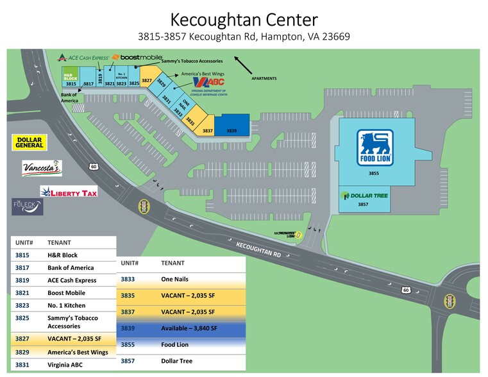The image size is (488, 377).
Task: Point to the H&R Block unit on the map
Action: tap(71, 78)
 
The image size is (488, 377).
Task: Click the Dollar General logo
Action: tap(29, 143)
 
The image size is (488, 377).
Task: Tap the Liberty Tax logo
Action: tap(69, 192)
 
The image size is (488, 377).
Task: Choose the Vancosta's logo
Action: tap(42, 168)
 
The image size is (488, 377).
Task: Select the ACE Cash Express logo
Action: tap(83, 58)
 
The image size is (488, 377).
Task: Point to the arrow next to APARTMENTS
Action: tap(242, 65)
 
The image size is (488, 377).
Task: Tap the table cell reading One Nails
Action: tap(175, 280)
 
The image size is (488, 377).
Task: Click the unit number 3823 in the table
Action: tap(23, 305)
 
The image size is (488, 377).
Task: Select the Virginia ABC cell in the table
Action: tap(65, 365)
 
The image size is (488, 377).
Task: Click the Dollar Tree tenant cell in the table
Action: tap(177, 361)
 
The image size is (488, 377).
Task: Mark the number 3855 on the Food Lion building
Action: tap(373, 173)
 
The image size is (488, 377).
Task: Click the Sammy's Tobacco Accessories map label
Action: tap(192, 61)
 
